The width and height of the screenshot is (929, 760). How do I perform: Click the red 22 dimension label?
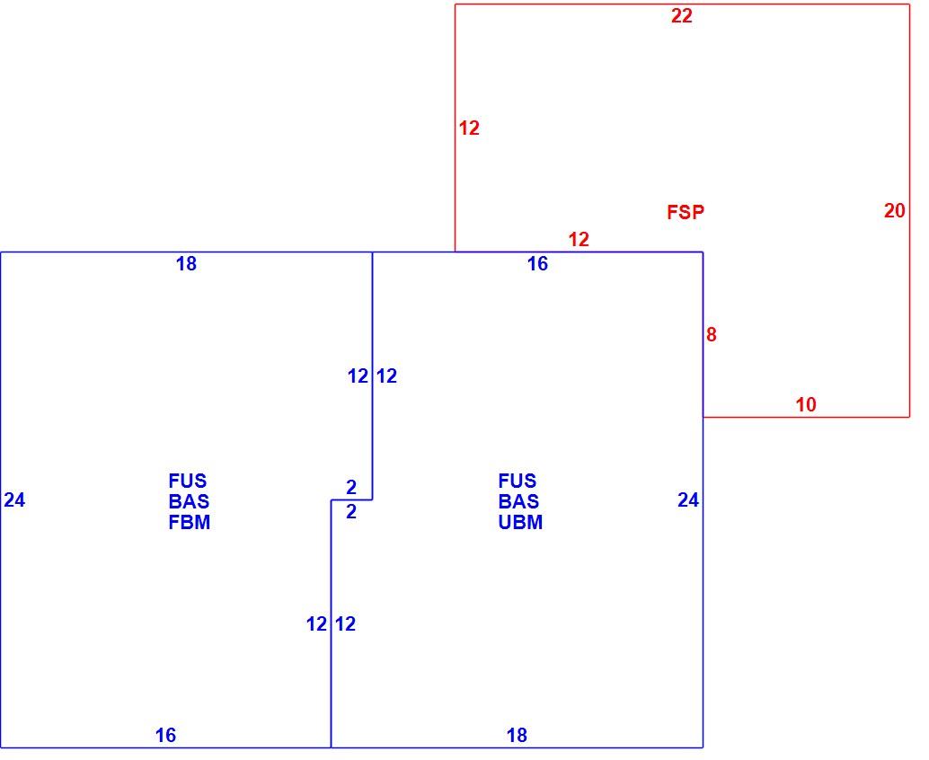[x=681, y=16]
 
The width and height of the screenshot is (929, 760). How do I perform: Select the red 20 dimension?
[x=895, y=211]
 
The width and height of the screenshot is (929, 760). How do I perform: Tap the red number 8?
[x=711, y=335]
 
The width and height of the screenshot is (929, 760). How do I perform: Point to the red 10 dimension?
[x=806, y=404]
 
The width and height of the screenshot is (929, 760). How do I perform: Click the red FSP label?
[x=686, y=212]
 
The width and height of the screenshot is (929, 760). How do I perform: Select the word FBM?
[x=190, y=523]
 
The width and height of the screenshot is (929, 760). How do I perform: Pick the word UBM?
[x=520, y=523]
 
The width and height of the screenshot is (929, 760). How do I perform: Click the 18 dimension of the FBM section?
[x=186, y=264]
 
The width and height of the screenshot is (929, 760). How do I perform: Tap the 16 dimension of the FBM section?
[x=165, y=735]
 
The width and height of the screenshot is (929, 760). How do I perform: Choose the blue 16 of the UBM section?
[x=537, y=264]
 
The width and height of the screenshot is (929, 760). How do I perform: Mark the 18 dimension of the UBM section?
[x=517, y=735]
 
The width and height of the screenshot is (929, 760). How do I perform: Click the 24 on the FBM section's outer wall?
[x=14, y=500]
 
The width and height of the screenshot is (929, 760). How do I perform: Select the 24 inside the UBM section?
[x=688, y=500]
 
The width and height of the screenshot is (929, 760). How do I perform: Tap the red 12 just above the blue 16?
[x=579, y=239]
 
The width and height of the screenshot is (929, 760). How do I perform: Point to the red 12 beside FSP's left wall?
[x=469, y=128]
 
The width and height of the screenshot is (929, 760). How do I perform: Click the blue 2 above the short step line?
[x=351, y=488]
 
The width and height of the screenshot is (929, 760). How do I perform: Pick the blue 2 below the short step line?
[x=351, y=512]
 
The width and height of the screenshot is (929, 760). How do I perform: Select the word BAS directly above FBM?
[x=189, y=502]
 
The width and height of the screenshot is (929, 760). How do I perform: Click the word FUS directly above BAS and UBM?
[x=518, y=481]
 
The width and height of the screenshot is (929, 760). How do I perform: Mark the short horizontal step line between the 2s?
[x=351, y=500]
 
